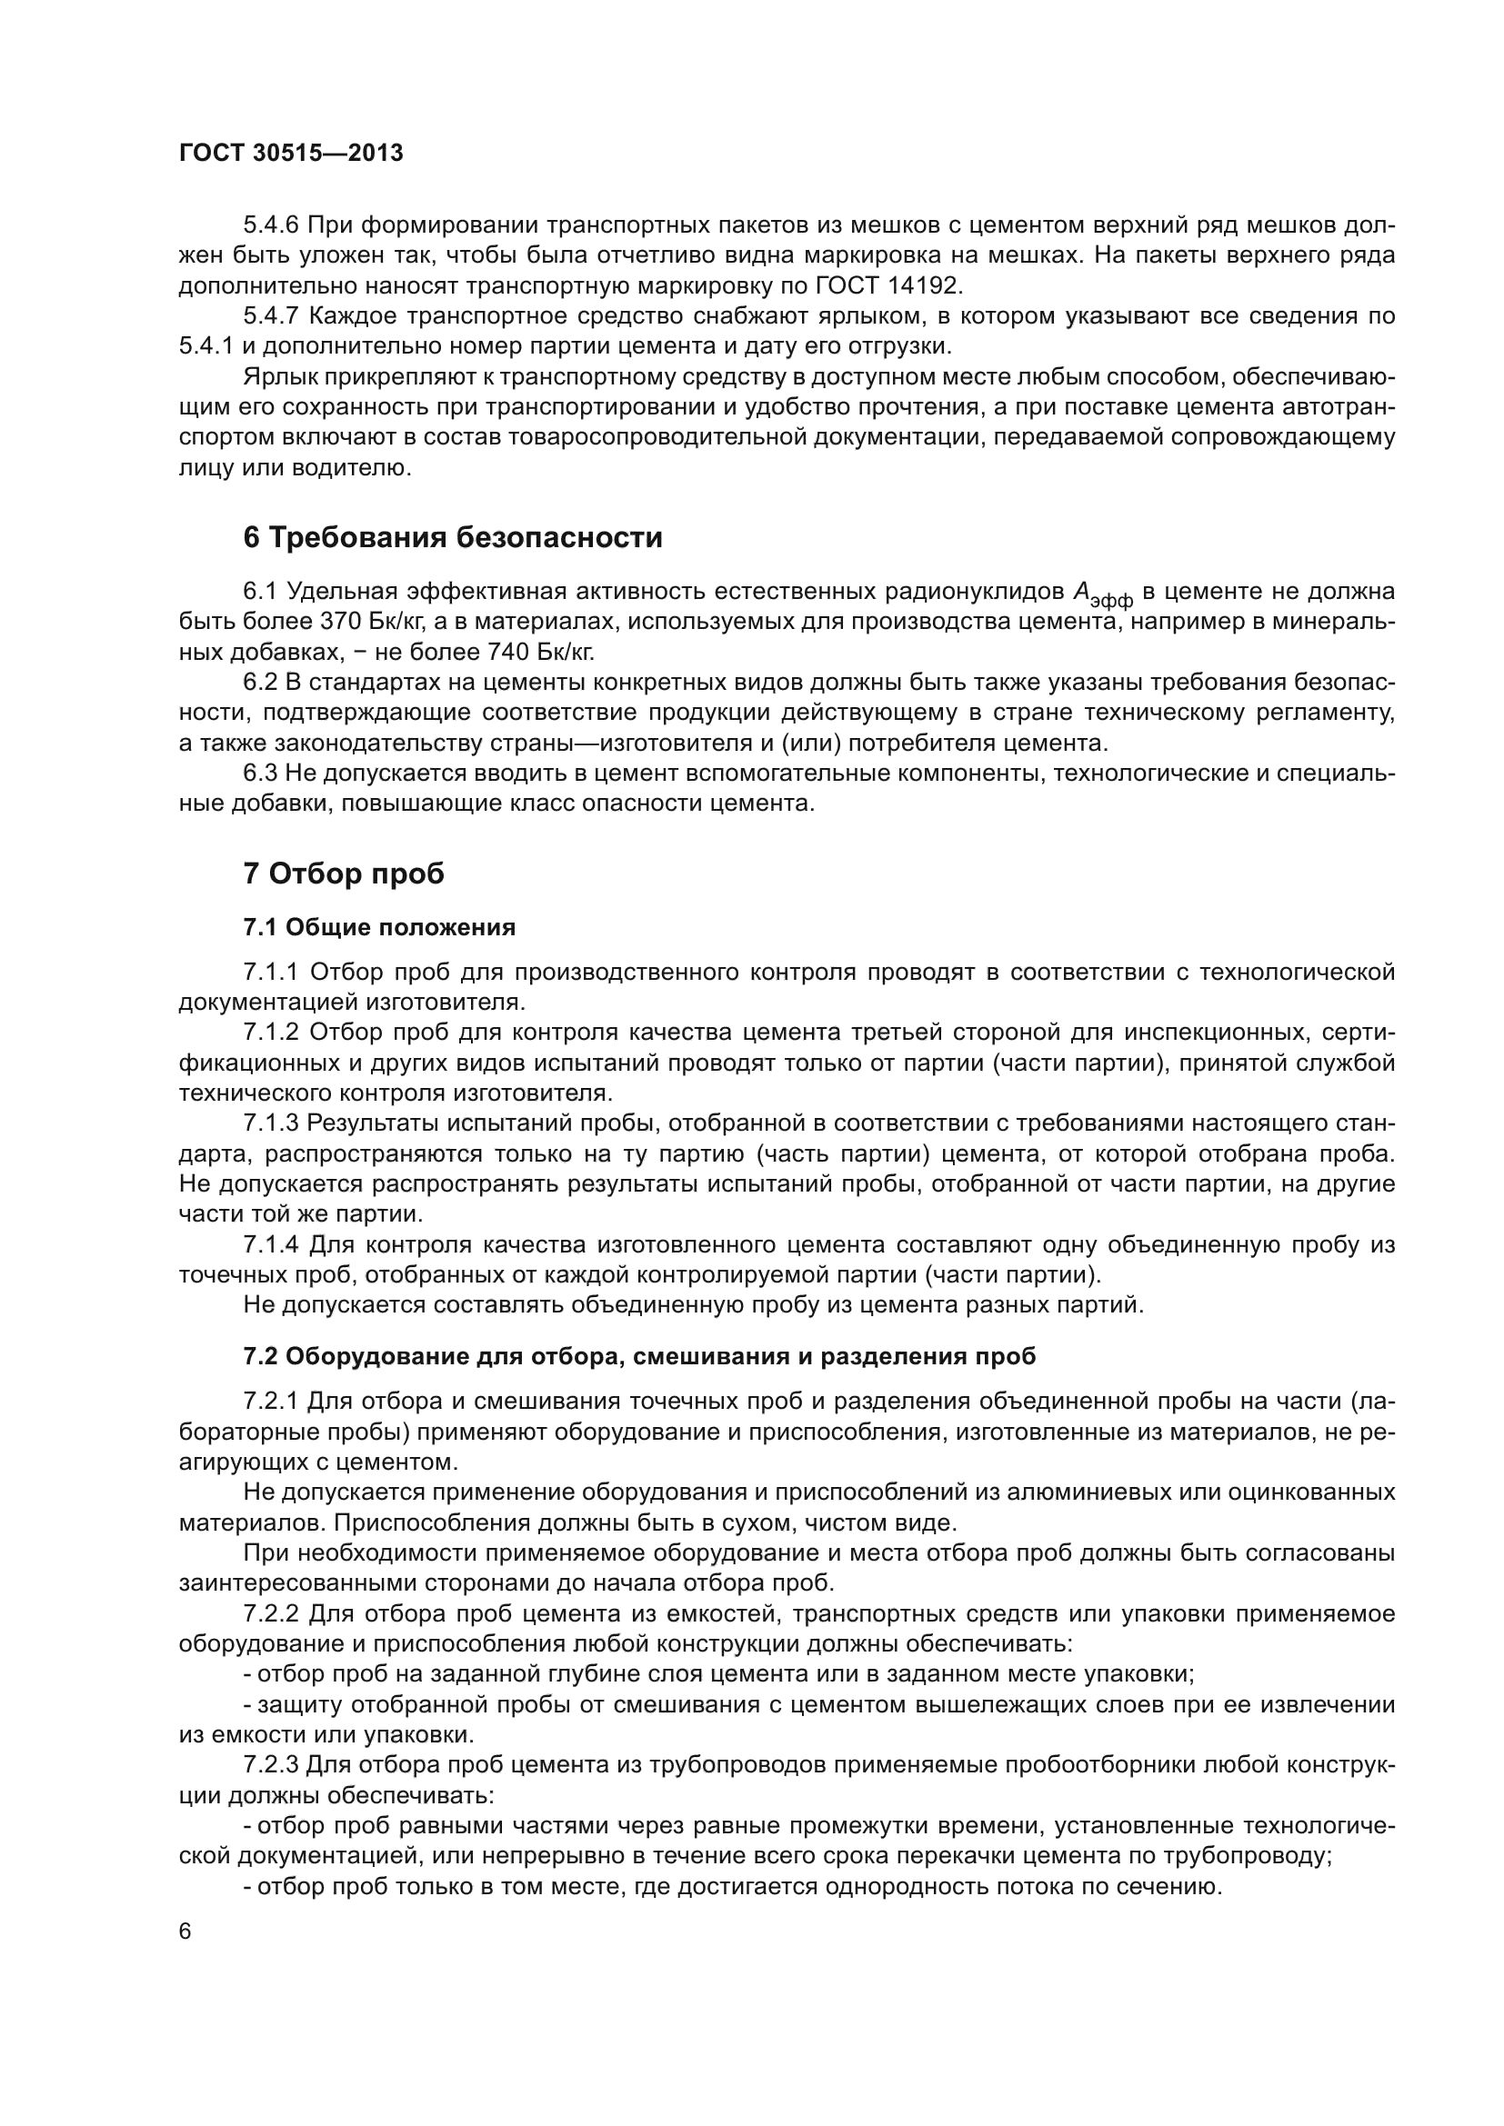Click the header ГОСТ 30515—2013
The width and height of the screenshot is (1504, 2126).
tap(291, 154)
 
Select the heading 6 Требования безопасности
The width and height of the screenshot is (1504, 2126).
tap(453, 538)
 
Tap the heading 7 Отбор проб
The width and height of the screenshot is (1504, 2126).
tap(344, 873)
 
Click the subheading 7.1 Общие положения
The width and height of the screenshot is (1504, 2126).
tap(380, 927)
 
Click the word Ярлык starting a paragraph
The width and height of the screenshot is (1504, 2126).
tap(275, 377)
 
